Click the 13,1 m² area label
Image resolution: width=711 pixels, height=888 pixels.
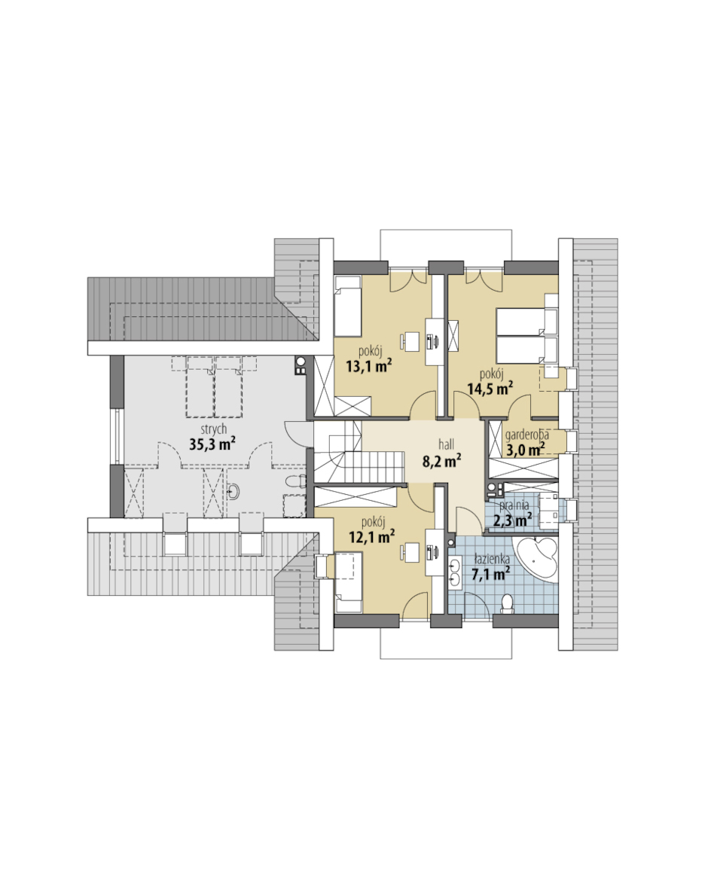point(369,366)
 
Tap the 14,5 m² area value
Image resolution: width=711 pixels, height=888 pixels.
point(490,389)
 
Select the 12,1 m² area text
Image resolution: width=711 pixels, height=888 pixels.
point(371,536)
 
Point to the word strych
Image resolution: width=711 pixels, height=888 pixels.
point(213,429)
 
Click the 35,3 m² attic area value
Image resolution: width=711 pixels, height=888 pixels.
point(212,444)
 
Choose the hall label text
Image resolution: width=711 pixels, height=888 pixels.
point(446,444)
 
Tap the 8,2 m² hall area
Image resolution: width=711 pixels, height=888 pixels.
point(442,461)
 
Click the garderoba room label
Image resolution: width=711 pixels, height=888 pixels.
point(527,435)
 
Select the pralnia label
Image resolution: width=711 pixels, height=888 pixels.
point(514,505)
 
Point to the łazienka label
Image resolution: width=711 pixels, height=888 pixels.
point(492,560)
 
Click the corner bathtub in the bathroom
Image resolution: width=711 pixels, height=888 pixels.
point(536,559)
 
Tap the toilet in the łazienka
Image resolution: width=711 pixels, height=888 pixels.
point(506,604)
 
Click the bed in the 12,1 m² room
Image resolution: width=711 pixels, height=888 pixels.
point(349,583)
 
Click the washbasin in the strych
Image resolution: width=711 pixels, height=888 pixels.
point(234,492)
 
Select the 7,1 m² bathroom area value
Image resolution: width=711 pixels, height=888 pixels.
point(490,574)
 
